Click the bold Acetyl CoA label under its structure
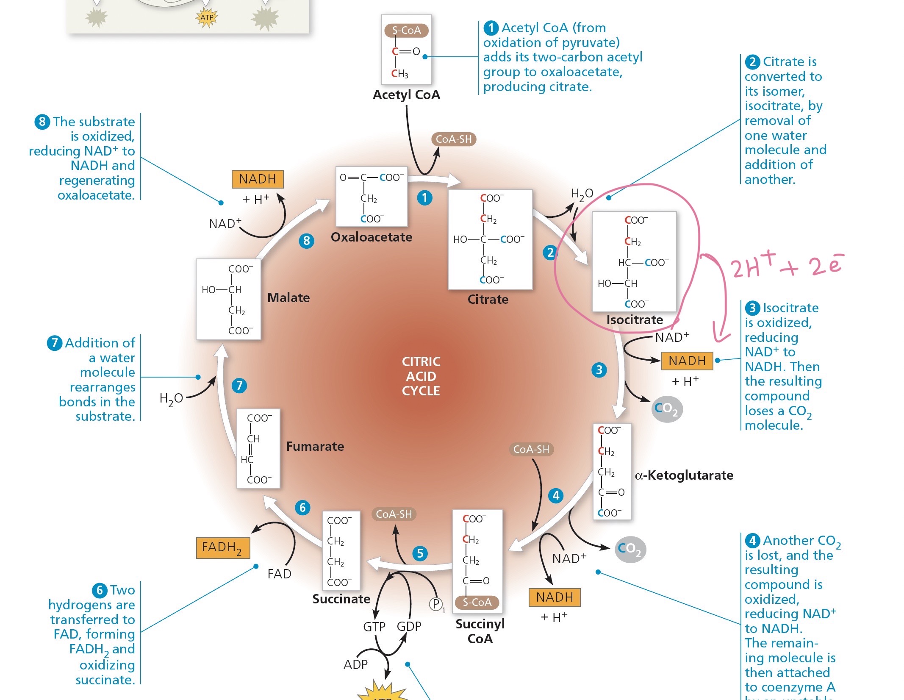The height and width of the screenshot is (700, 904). [x=406, y=95]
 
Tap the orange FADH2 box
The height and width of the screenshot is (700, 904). [x=223, y=548]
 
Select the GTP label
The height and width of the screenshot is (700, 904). [x=374, y=627]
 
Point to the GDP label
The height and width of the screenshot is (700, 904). [x=409, y=627]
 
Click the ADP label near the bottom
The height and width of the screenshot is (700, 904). [x=355, y=664]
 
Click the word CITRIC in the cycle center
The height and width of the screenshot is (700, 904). [x=421, y=362]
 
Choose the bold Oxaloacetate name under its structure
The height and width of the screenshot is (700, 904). [x=372, y=237]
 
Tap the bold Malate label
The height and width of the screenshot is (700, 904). [x=288, y=298]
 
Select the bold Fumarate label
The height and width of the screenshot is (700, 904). [x=315, y=447]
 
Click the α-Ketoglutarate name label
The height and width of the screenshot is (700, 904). [x=684, y=475]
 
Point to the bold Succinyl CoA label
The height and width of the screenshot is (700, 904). [x=480, y=631]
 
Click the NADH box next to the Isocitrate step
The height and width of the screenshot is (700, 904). [x=687, y=361]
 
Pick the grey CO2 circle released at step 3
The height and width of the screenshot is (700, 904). [x=667, y=409]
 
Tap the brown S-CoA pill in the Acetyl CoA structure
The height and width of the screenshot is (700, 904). [x=406, y=31]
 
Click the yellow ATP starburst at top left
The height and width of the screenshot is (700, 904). [x=207, y=18]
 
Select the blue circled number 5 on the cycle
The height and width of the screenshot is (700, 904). [x=420, y=553]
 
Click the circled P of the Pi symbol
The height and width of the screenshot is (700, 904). [x=436, y=604]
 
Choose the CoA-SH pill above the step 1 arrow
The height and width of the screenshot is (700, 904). [x=454, y=139]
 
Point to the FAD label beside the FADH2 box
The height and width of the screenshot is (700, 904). [x=279, y=574]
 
